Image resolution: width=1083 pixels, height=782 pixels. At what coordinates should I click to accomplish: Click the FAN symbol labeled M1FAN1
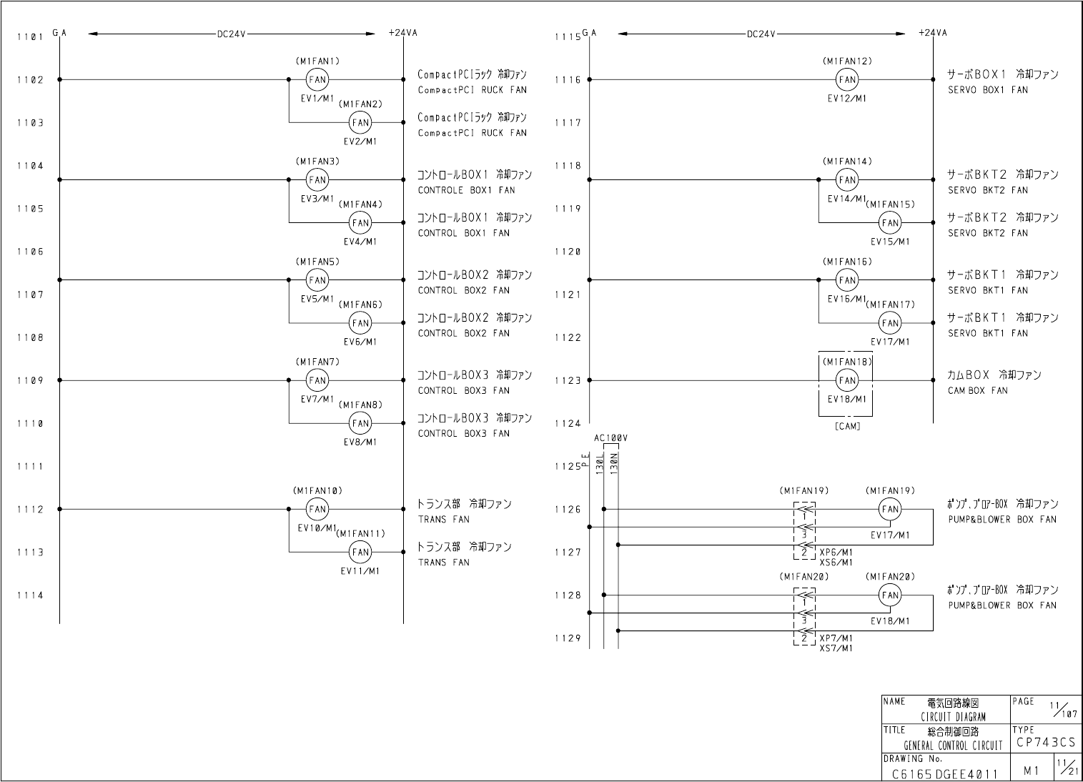[x=317, y=79]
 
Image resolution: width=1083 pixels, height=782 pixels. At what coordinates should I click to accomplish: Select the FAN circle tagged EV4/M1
[x=360, y=222]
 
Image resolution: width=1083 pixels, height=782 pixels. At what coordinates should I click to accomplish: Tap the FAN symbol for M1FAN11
[x=360, y=552]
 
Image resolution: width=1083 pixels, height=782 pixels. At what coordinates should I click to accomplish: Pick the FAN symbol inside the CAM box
[x=847, y=380]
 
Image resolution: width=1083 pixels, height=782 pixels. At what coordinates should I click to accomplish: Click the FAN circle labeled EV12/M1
[x=847, y=79]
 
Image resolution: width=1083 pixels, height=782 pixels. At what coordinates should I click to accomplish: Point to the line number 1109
[x=30, y=381]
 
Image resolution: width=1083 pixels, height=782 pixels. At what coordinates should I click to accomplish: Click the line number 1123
[x=568, y=381]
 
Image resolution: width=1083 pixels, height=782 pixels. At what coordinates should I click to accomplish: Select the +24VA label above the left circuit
[x=403, y=33]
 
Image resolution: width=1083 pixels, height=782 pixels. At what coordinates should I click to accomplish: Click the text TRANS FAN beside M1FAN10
[x=443, y=520]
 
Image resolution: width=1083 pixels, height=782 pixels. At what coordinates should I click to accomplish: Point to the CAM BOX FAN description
[x=977, y=391]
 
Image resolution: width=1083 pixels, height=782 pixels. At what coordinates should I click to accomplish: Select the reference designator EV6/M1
[x=360, y=342]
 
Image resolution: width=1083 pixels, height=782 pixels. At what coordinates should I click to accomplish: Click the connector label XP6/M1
[x=836, y=553]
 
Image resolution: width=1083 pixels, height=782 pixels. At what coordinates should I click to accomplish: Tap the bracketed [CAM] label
[x=847, y=427]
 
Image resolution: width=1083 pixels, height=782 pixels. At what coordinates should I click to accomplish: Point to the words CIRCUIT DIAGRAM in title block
[x=953, y=717]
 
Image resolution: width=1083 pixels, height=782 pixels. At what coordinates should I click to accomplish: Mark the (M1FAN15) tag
[x=890, y=204]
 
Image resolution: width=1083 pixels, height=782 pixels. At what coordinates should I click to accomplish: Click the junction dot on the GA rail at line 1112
[x=59, y=509]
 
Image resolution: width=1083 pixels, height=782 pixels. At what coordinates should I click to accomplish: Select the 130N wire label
[x=614, y=465]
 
